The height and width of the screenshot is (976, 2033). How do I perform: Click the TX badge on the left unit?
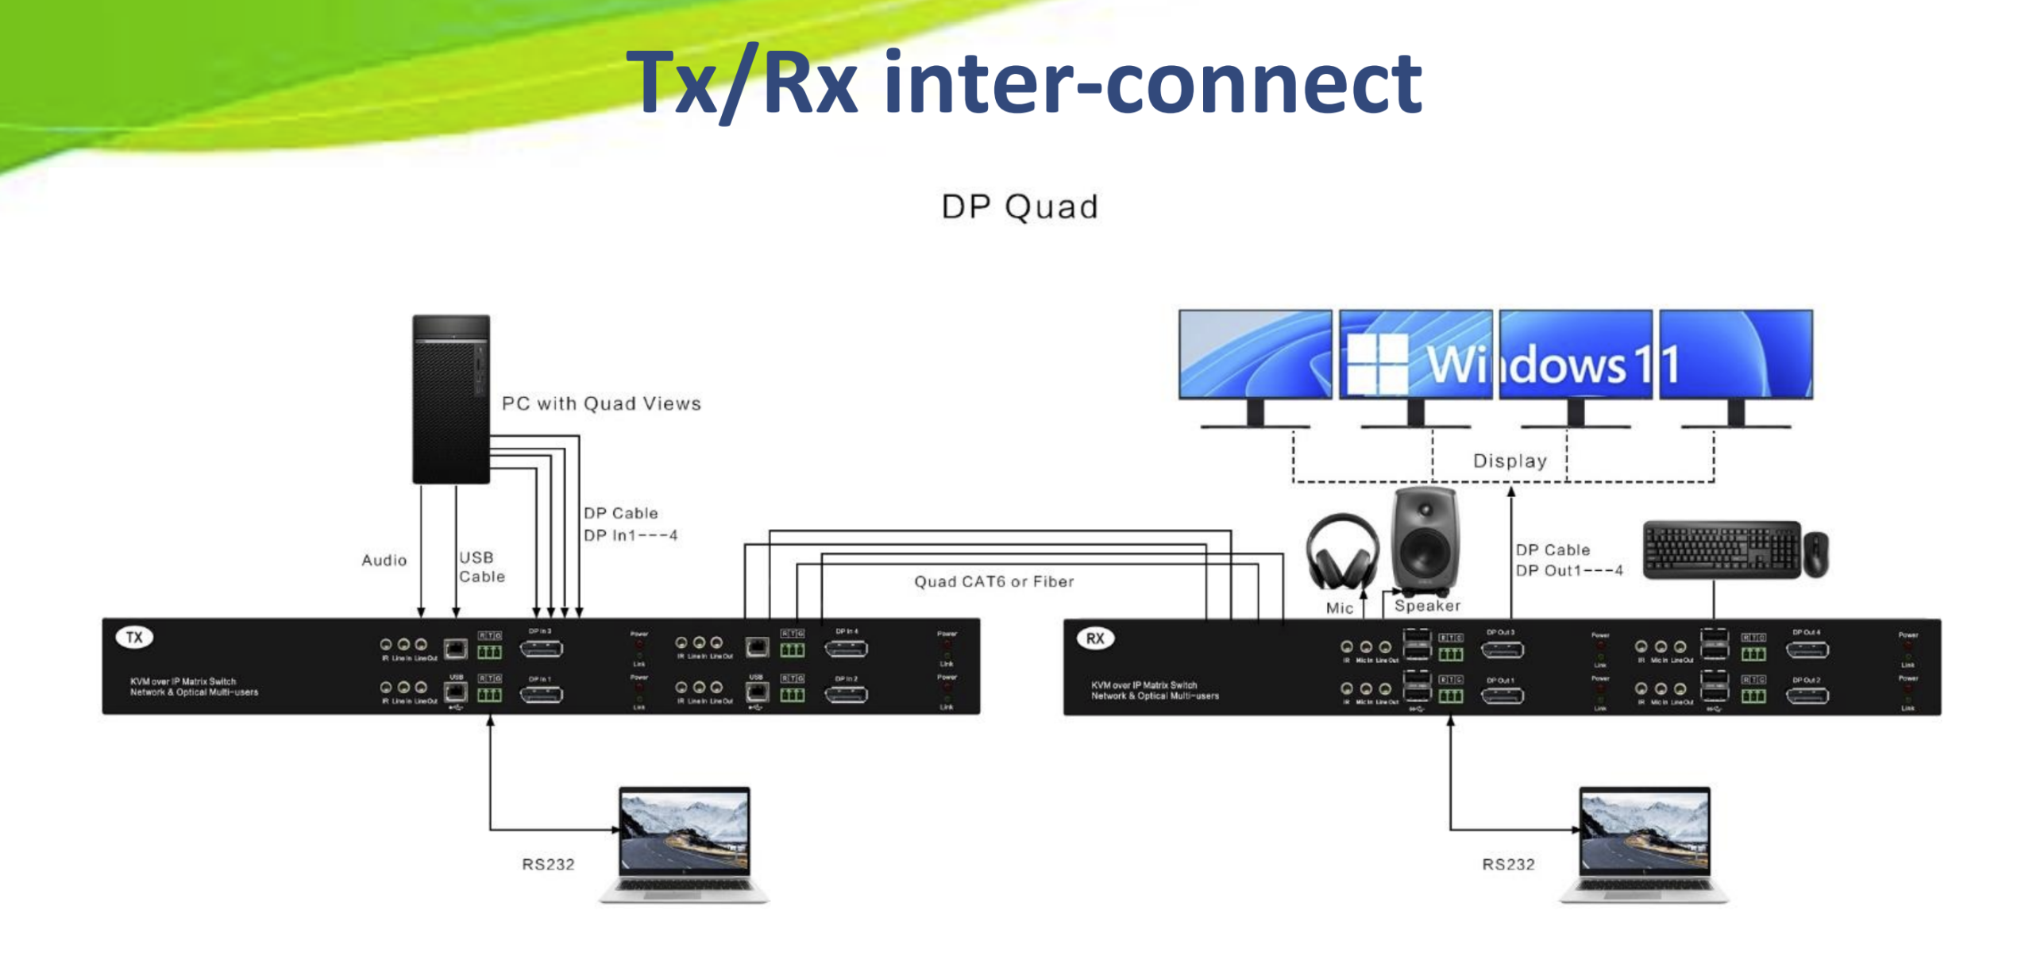pos(134,638)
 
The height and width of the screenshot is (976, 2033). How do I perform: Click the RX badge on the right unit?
pos(1094,638)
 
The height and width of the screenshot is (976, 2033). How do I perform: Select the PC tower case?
pos(450,399)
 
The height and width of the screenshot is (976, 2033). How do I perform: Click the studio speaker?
pos(1425,540)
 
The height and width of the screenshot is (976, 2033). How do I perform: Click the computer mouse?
pos(1815,554)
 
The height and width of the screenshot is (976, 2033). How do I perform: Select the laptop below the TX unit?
pos(684,844)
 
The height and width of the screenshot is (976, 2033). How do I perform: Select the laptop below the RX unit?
pos(1644,844)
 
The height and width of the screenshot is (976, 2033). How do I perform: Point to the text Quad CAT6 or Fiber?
pos(993,581)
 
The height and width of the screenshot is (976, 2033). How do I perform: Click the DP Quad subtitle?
pos(1019,207)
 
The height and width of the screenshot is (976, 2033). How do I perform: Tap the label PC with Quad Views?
pos(601,403)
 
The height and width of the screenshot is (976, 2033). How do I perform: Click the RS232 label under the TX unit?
pos(548,864)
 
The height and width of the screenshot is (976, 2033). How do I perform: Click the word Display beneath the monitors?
pos(1509,461)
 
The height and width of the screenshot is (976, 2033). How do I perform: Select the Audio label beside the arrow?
pos(384,560)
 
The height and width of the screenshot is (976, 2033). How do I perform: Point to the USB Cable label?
pos(481,567)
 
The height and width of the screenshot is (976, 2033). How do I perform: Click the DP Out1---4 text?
pos(1568,570)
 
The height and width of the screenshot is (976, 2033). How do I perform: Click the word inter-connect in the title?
pos(1152,83)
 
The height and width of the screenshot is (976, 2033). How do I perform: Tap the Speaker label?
pos(1427,606)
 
